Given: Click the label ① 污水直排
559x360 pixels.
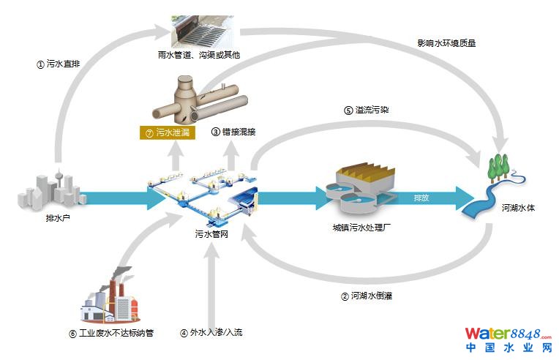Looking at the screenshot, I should coord(58,64).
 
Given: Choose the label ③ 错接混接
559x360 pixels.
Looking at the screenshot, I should coord(233,132).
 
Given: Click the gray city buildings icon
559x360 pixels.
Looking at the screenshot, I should coord(50,189).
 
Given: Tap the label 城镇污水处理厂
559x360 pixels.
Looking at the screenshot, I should coord(363,228).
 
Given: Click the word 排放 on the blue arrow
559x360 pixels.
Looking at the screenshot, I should coord(421,198).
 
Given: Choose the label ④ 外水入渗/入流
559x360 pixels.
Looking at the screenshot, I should coord(211,333).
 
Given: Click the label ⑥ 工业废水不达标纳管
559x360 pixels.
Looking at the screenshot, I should coord(110,334).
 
